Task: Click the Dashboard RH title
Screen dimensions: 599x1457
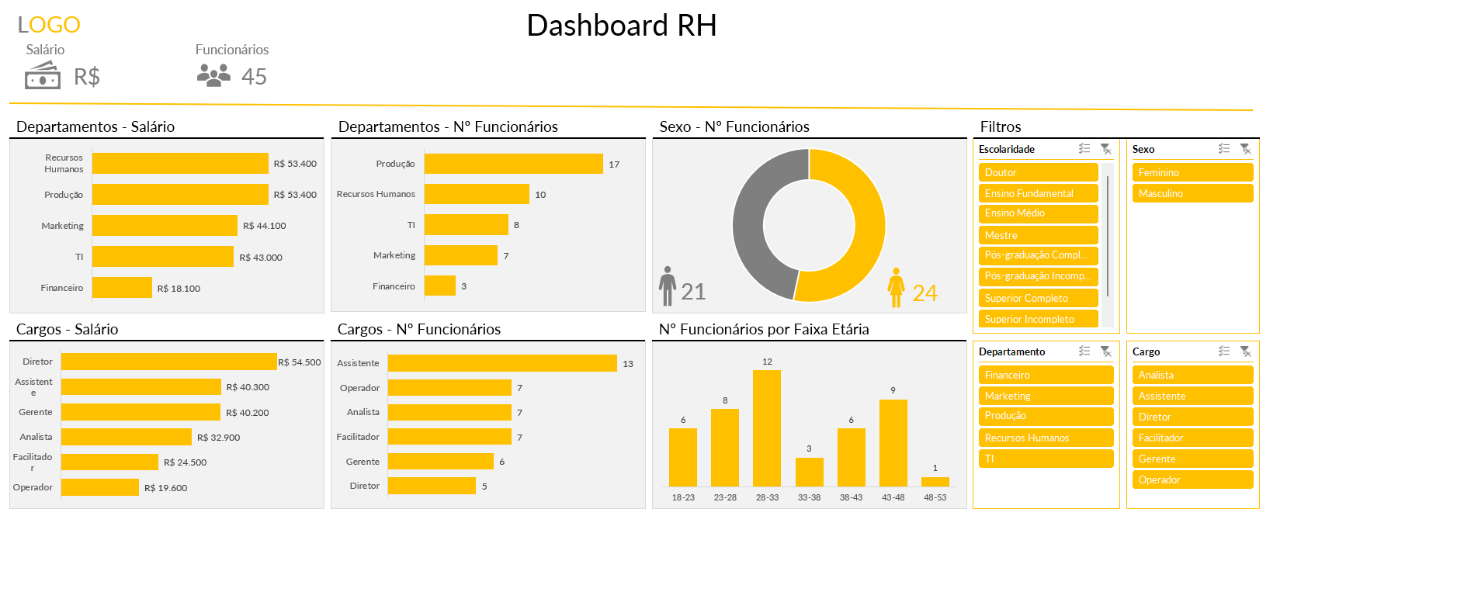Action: point(621,26)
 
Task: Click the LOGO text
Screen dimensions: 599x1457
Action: point(49,25)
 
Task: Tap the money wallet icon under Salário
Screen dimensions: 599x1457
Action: point(43,75)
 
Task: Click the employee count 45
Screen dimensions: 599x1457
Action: point(254,77)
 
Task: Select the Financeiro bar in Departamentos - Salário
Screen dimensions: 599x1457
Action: point(122,288)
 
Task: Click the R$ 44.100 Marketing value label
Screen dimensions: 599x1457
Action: point(264,226)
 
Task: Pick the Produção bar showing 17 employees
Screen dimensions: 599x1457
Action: point(513,164)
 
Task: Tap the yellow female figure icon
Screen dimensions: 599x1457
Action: point(896,288)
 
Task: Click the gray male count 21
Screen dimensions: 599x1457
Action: point(693,292)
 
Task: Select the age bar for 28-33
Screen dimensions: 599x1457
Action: point(767,428)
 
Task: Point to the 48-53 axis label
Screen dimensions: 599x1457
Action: point(935,497)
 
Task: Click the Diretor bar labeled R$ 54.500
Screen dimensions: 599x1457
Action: point(168,362)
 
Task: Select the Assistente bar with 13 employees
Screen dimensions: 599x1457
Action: point(502,363)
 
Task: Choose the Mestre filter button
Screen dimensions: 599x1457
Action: point(1038,235)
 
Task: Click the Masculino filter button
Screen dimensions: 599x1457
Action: point(1192,193)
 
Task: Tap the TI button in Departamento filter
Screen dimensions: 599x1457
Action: point(1046,459)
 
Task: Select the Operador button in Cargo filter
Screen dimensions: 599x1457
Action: point(1192,480)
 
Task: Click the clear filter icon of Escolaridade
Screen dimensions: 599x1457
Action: point(1106,149)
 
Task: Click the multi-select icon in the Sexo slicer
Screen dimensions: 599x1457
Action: point(1224,149)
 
